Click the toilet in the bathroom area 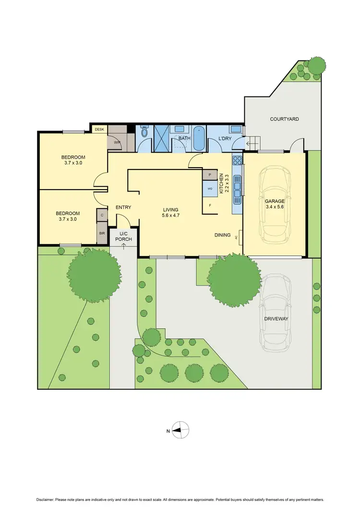(x=144, y=133)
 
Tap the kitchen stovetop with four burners (x=237, y=160)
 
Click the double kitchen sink (x=237, y=187)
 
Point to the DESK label (x=99, y=129)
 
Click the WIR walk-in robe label (x=117, y=143)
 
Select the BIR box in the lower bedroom (x=102, y=234)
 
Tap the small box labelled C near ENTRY (x=102, y=215)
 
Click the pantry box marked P (x=210, y=175)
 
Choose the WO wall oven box (x=210, y=189)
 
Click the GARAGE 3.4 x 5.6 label (x=275, y=205)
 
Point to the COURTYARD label (x=284, y=119)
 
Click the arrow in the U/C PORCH (x=124, y=246)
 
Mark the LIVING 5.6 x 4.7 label (x=170, y=213)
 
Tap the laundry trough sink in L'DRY (x=235, y=129)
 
